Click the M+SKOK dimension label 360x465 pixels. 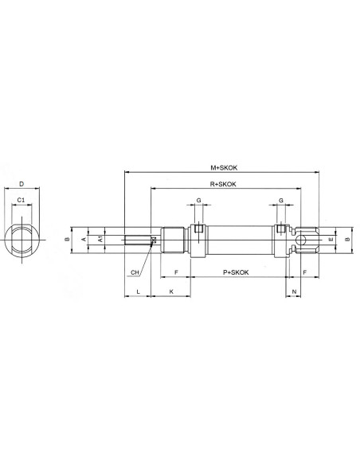[x=224, y=167]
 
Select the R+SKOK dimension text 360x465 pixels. [x=223, y=184]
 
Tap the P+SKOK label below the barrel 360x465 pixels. [x=236, y=272]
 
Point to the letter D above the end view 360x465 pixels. [x=22, y=184]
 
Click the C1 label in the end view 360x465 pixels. [x=21, y=200]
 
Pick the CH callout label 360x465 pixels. [x=135, y=272]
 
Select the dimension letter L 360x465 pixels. [x=139, y=291]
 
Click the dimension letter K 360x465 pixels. [x=171, y=291]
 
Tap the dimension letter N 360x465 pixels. [x=294, y=291]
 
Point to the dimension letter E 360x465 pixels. [x=331, y=240]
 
